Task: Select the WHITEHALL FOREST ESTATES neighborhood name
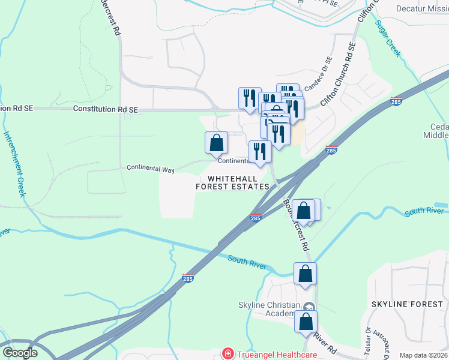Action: click(232, 183)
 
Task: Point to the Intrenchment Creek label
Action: click(14, 164)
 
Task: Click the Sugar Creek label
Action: click(388, 38)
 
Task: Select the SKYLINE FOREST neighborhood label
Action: click(407, 305)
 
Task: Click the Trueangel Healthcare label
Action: click(276, 355)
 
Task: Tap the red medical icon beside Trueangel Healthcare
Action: click(228, 355)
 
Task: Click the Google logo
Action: click(20, 353)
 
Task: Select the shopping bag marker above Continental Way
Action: click(217, 143)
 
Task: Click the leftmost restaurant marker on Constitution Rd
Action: click(250, 98)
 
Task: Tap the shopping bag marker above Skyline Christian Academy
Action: click(306, 274)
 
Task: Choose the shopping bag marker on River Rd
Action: click(306, 322)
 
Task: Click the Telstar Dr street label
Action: click(367, 339)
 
